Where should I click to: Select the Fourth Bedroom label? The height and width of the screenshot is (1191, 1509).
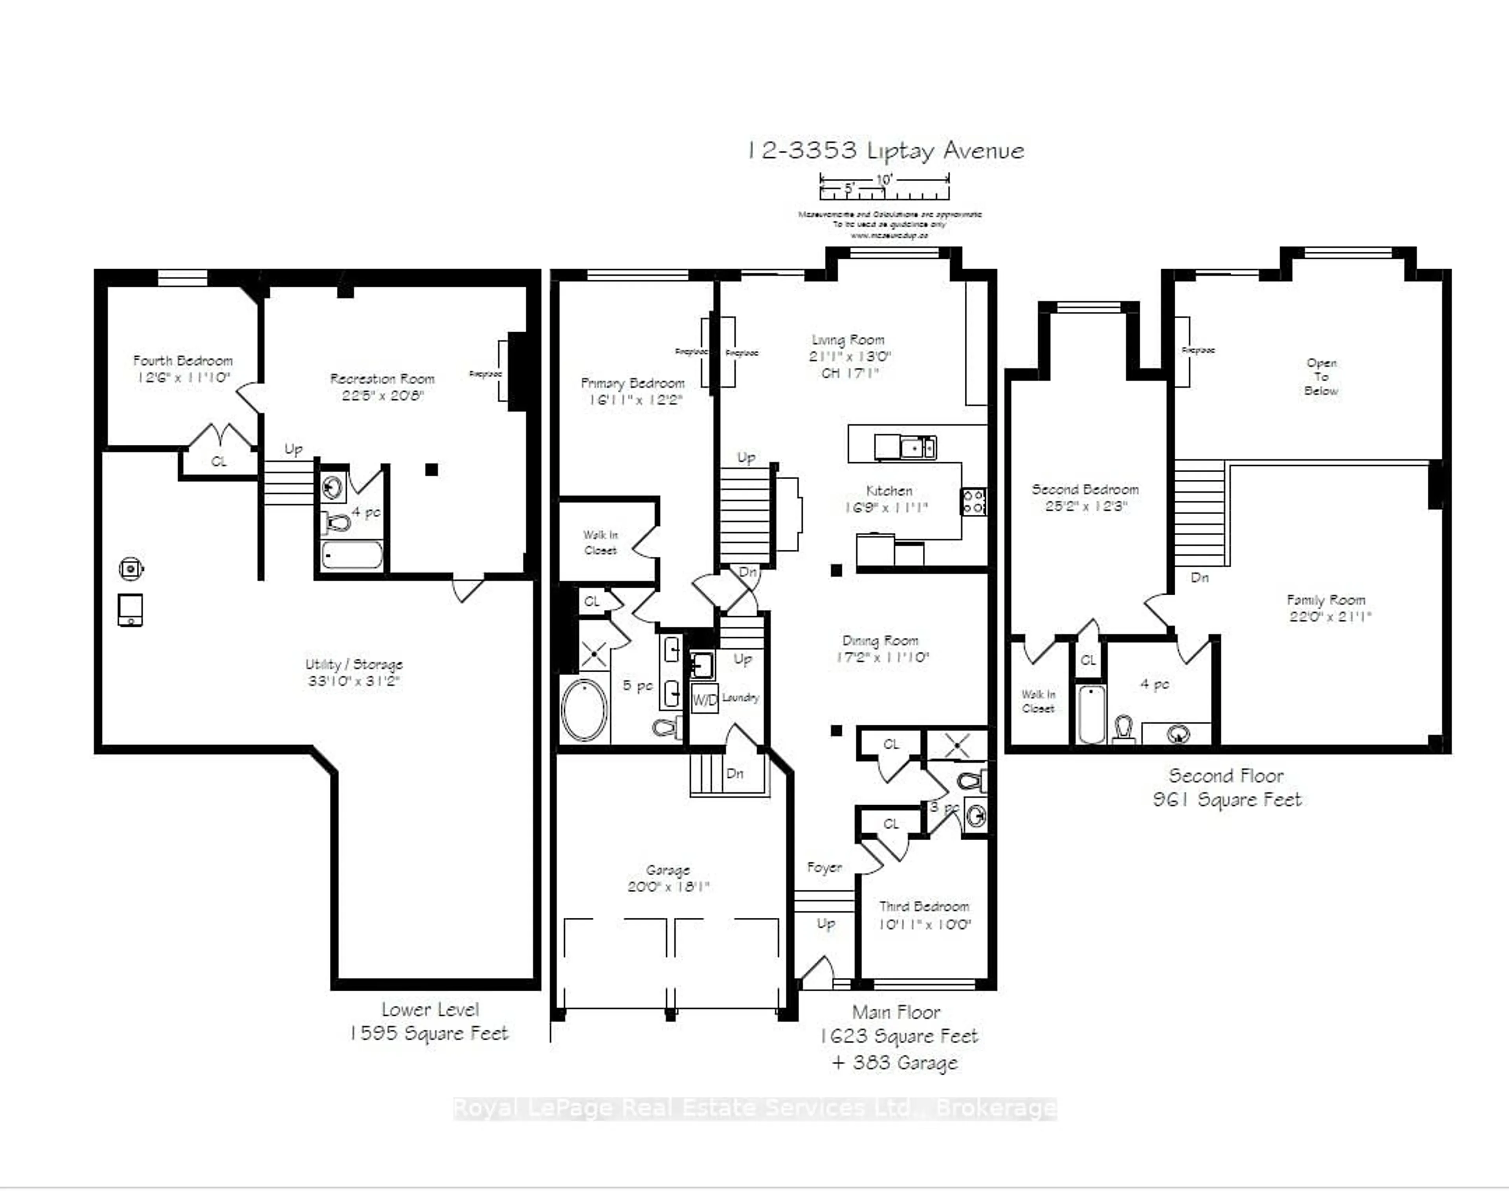[183, 361]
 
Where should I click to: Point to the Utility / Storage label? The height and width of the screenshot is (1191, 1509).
[354, 664]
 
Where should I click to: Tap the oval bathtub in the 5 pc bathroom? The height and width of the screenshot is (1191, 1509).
[585, 710]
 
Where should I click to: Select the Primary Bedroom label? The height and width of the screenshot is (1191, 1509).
[633, 383]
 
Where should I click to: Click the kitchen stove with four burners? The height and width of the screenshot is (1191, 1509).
[974, 501]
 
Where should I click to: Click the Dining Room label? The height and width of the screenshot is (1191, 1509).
[880, 640]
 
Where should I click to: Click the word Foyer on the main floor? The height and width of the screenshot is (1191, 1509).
[824, 867]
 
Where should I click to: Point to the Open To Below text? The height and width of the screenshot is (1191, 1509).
[1321, 377]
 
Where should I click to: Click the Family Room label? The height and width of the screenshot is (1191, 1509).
[1326, 600]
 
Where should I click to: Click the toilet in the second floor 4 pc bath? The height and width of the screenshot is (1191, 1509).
[1123, 729]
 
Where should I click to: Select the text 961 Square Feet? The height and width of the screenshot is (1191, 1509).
[1227, 800]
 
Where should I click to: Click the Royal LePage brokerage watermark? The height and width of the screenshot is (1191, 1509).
[755, 1108]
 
